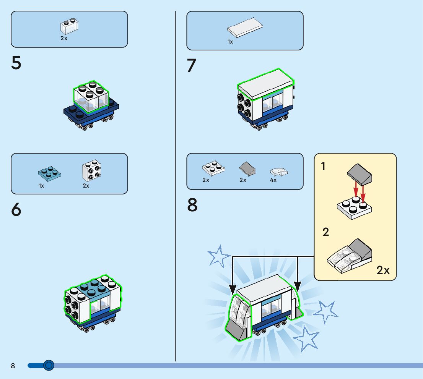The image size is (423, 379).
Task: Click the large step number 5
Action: (16, 63)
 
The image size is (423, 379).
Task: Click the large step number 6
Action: (16, 209)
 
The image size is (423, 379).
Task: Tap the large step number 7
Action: (191, 65)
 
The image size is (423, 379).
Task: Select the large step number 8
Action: (192, 205)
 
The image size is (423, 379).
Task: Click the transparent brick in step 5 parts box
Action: (70, 26)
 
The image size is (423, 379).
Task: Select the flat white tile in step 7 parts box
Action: (245, 28)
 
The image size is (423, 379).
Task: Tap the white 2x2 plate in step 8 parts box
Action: (213, 167)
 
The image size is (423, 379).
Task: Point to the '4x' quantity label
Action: (273, 180)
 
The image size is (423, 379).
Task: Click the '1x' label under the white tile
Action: (230, 42)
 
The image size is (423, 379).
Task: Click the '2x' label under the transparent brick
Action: (64, 38)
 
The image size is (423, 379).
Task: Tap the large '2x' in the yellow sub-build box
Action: (383, 270)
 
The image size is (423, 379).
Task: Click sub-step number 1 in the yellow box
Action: (323, 166)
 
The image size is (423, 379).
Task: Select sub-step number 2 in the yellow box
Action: (325, 232)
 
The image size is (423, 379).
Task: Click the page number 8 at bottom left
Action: (13, 366)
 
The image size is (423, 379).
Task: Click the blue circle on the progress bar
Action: (49, 366)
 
